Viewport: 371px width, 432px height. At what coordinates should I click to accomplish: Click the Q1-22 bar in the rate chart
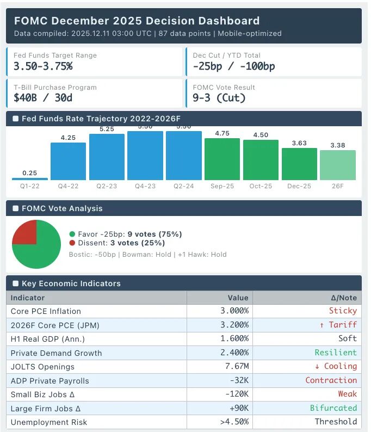(x=30, y=178)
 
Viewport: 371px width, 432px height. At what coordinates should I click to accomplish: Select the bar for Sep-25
(x=222, y=159)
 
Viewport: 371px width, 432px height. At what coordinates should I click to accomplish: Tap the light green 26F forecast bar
(x=337, y=165)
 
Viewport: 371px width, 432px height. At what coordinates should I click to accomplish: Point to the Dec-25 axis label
(x=299, y=186)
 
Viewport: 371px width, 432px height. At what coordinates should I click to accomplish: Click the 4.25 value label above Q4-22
(x=68, y=138)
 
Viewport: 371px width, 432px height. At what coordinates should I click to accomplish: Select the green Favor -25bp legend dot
(x=72, y=234)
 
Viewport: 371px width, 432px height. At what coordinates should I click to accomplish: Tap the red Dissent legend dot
(x=72, y=243)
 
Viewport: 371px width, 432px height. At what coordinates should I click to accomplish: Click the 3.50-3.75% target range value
(x=43, y=66)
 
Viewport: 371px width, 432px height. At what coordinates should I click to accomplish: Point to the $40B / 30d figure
(x=43, y=98)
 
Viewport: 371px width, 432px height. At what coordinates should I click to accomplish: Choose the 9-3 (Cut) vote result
(x=219, y=98)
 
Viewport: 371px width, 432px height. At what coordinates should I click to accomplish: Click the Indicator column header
(x=28, y=298)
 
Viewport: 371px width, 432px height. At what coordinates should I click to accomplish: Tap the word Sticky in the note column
(x=343, y=311)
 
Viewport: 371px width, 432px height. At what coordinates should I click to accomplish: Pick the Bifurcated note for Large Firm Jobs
(x=333, y=408)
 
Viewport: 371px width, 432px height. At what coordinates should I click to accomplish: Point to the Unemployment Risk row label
(x=49, y=422)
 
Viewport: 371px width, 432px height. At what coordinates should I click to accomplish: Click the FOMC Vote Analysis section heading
(x=62, y=208)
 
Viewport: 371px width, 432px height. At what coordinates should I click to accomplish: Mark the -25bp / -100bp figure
(x=234, y=66)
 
